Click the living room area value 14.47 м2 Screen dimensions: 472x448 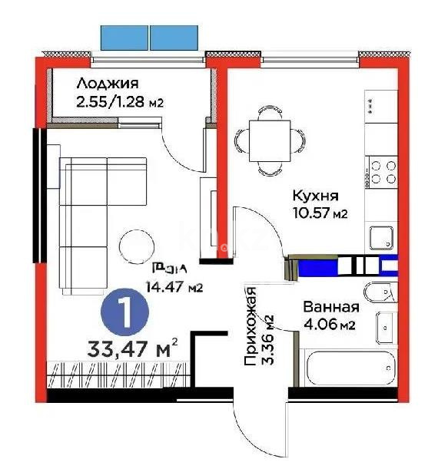174,289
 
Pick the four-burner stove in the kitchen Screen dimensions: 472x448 383,171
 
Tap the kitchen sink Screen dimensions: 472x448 381,237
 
